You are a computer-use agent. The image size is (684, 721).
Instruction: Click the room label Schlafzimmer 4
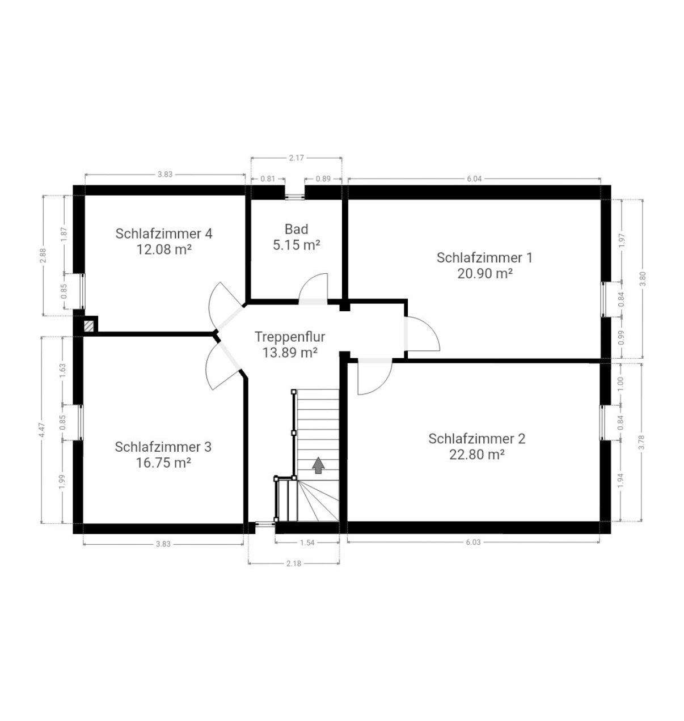tap(164, 234)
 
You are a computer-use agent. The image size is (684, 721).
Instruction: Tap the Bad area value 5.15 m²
tap(296, 245)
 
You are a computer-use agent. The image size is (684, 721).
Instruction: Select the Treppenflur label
tap(289, 337)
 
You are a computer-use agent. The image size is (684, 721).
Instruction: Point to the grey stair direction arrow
tap(318, 465)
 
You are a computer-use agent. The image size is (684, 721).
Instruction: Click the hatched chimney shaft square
tap(88, 326)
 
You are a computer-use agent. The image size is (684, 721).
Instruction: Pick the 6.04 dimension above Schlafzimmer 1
tap(474, 179)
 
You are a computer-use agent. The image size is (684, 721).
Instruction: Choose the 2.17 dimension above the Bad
tap(296, 158)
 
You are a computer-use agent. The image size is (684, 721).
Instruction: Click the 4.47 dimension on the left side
tap(43, 430)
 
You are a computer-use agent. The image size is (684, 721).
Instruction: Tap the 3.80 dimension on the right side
tap(642, 279)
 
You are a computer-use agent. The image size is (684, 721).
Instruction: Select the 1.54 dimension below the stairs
tap(307, 542)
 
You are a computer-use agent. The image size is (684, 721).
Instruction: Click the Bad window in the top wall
tap(295, 197)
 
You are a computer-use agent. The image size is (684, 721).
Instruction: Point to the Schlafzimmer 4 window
tap(83, 291)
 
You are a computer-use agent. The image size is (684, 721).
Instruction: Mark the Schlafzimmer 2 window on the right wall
tap(602, 422)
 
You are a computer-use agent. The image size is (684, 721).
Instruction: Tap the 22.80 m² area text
tap(476, 455)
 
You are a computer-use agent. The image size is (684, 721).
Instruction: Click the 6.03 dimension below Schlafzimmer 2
tap(473, 542)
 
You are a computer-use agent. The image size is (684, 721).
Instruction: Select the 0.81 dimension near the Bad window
tap(268, 179)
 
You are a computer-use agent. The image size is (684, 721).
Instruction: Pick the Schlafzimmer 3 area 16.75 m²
tap(163, 463)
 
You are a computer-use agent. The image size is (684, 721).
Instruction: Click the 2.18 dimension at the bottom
tap(294, 563)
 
